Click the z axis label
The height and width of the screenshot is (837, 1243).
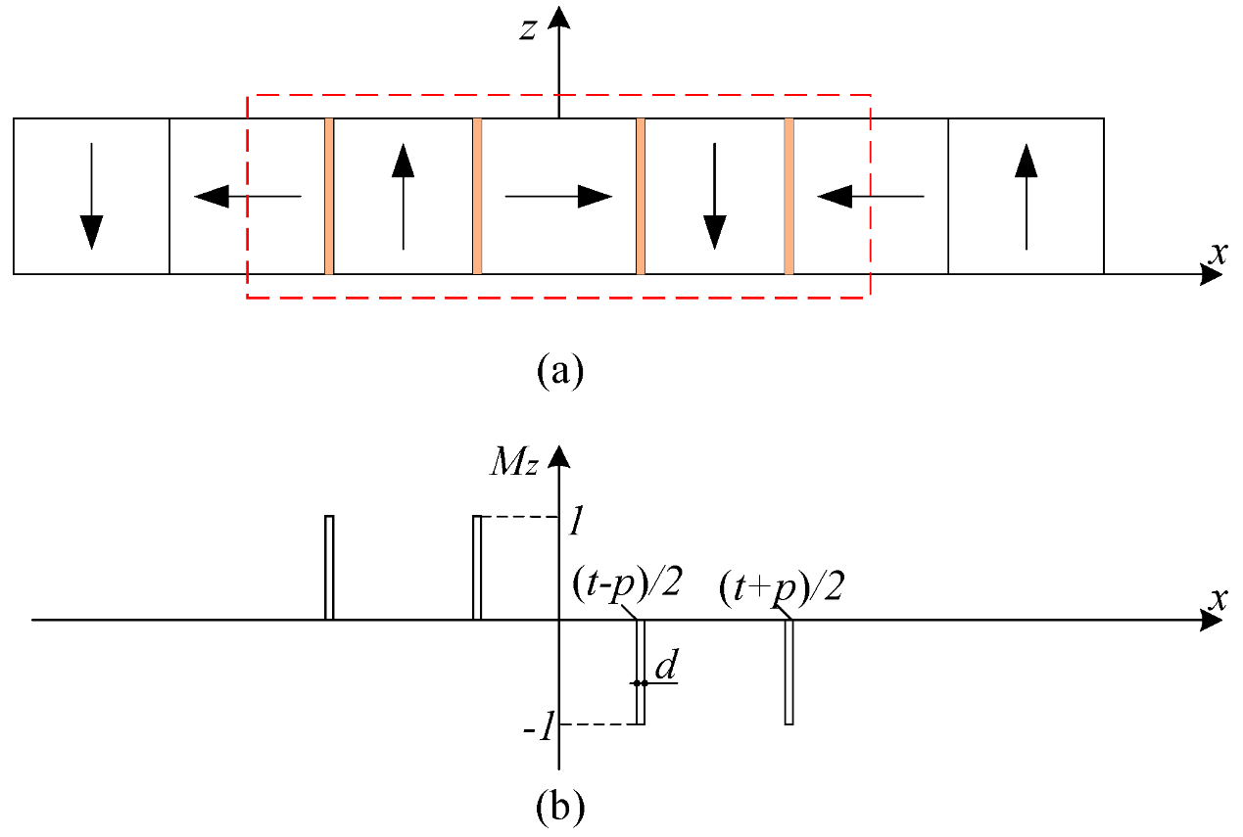click(529, 29)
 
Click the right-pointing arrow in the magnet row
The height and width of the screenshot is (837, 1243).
click(558, 197)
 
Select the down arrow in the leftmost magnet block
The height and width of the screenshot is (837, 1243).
click(91, 196)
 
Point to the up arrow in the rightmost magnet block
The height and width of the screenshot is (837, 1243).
click(1026, 196)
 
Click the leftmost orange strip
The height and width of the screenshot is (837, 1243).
click(329, 197)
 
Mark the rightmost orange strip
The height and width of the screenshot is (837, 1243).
click(789, 197)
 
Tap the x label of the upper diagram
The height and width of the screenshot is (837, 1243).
click(1218, 253)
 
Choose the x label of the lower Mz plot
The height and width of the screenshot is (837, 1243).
click(1218, 598)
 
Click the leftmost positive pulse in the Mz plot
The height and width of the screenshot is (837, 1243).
click(329, 567)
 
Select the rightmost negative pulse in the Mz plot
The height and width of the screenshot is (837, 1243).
click(789, 673)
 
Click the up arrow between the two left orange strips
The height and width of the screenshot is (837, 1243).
click(403, 196)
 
